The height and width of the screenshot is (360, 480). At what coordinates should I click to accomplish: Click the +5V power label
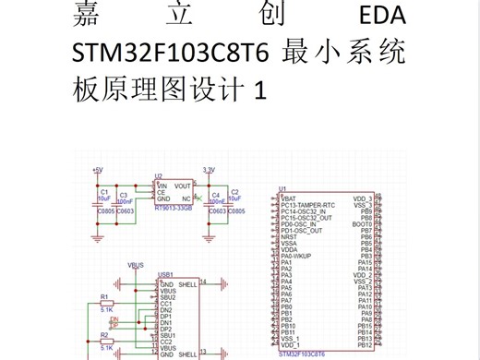[99, 170]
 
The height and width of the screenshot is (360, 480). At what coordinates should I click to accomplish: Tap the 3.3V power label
[209, 170]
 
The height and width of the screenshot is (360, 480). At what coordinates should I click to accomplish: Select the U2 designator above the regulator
[159, 175]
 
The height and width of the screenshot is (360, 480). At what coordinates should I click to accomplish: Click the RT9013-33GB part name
[173, 209]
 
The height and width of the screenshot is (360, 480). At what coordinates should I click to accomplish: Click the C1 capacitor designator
[103, 191]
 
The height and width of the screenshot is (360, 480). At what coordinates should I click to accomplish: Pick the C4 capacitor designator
[216, 195]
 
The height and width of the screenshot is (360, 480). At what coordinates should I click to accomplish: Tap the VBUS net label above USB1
[136, 265]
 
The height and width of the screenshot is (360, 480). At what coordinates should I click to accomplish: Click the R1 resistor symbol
[106, 303]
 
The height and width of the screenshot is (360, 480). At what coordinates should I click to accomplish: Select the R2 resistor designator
[103, 336]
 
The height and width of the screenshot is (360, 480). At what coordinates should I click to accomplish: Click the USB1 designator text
[166, 274]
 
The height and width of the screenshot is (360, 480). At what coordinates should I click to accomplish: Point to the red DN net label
[114, 319]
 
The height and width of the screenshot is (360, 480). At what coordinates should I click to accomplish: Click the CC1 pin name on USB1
[167, 303]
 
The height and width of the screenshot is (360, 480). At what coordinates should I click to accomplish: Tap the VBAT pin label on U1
[289, 198]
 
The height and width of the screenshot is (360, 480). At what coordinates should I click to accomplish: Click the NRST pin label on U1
[288, 236]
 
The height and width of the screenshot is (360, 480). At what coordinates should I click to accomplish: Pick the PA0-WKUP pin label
[297, 256]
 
